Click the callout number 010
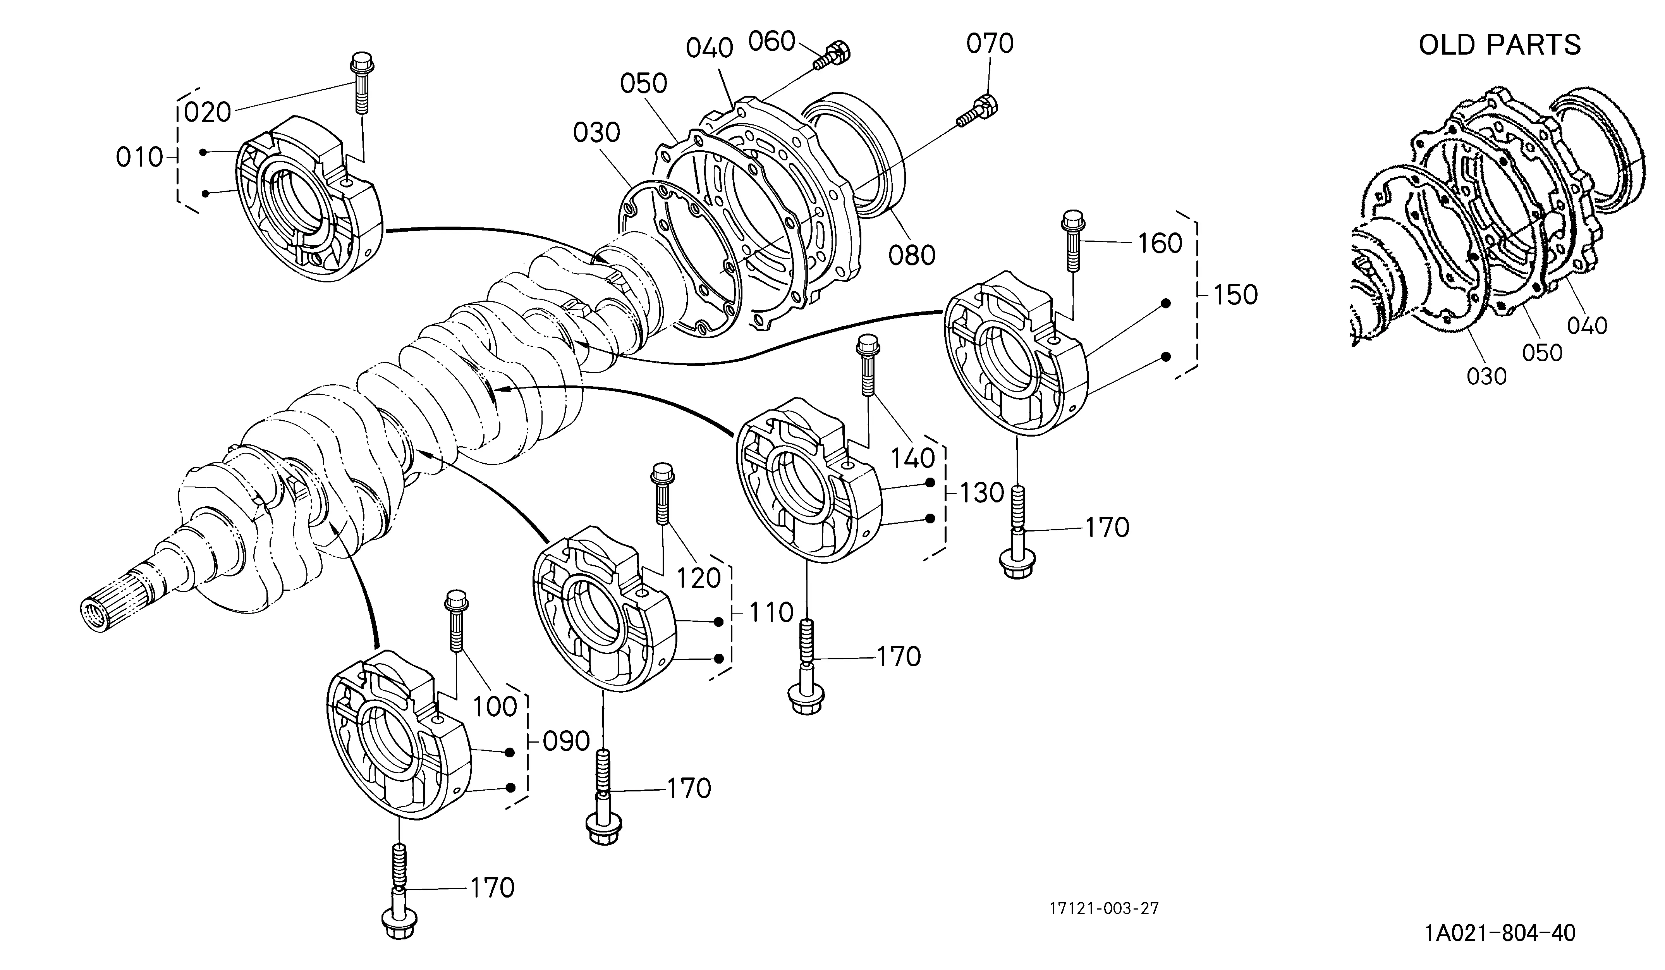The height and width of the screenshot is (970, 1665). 139,157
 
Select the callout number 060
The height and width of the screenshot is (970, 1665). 771,41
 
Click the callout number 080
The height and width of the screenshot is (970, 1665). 912,255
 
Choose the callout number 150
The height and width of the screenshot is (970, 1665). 1234,295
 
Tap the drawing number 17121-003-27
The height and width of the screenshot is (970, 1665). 1104,908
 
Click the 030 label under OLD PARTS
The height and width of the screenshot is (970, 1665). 1486,377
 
